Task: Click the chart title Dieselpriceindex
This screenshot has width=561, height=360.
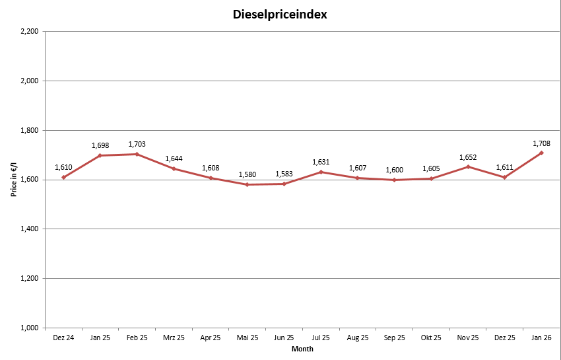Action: pyautogui.click(x=280, y=14)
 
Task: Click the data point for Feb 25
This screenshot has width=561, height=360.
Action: pyautogui.click(x=137, y=154)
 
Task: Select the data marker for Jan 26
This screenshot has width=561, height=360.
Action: pyautogui.click(x=541, y=153)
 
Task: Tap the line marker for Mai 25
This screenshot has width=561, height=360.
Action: pyautogui.click(x=247, y=184)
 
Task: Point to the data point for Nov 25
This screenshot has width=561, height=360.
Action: pyautogui.click(x=468, y=166)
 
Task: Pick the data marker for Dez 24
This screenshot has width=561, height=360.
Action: pyautogui.click(x=63, y=177)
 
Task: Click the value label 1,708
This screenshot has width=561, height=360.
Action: pyautogui.click(x=541, y=143)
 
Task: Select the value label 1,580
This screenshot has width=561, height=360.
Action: pyautogui.click(x=247, y=174)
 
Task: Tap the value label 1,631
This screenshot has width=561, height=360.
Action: pyautogui.click(x=321, y=162)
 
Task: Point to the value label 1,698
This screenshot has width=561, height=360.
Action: pyautogui.click(x=100, y=145)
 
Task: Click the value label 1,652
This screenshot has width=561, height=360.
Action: pyautogui.click(x=468, y=157)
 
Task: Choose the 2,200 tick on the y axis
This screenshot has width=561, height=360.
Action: pyautogui.click(x=29, y=32)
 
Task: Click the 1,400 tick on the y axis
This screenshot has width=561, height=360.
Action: pyautogui.click(x=29, y=229)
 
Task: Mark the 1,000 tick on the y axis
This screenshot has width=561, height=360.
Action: pyautogui.click(x=29, y=328)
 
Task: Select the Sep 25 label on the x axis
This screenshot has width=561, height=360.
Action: pyautogui.click(x=394, y=338)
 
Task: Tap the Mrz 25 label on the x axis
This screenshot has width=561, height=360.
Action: pyautogui.click(x=174, y=338)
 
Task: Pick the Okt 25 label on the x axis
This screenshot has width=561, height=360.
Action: pyautogui.click(x=431, y=338)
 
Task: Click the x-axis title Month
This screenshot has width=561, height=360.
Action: pyautogui.click(x=302, y=349)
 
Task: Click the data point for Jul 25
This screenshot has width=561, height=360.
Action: pyautogui.click(x=321, y=172)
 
